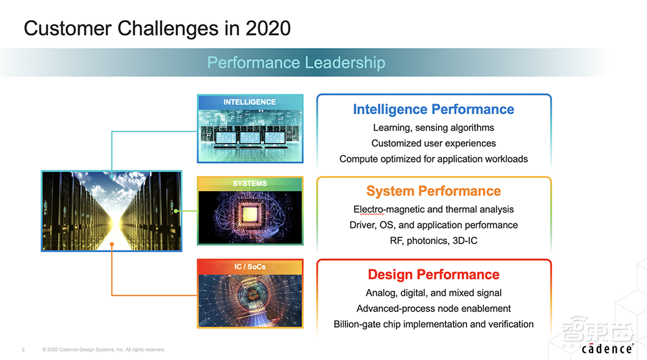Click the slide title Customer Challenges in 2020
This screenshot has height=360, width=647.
pos(157,28)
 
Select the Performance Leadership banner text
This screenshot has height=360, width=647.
pos(296,63)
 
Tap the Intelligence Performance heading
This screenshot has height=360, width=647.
pos(433,109)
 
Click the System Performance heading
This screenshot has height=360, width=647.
pos(433,191)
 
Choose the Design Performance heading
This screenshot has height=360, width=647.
pos(433,275)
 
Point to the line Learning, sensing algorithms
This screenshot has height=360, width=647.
pos(433,128)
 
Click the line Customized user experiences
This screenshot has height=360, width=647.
pos(433,143)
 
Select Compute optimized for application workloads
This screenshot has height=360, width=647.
pos(433,159)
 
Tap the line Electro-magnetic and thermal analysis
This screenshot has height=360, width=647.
pos(433,209)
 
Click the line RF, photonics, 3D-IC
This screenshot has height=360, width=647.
pos(433,241)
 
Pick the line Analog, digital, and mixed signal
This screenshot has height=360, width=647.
pos(433,293)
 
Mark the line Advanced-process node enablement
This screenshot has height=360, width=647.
pos(433,308)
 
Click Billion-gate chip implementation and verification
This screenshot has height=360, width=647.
pos(433,324)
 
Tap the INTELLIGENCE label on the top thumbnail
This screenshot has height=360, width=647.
pos(250,102)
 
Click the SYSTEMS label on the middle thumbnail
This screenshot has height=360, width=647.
pos(250,184)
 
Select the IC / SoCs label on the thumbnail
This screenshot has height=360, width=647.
pos(250,267)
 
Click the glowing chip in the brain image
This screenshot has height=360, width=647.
pos(250,213)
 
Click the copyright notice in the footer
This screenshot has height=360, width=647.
pos(104,350)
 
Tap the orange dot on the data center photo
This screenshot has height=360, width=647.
pos(113,244)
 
